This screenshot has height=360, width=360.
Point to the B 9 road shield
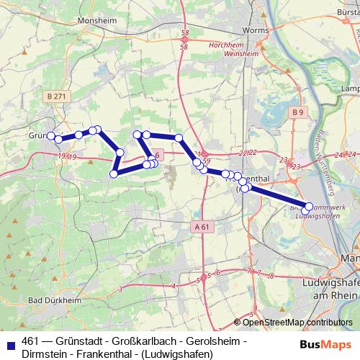299,112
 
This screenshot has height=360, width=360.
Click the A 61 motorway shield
204,227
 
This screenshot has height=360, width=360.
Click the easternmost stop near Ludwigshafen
309,207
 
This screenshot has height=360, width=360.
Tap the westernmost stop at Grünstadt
51,136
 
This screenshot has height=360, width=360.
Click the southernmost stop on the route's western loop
114,174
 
